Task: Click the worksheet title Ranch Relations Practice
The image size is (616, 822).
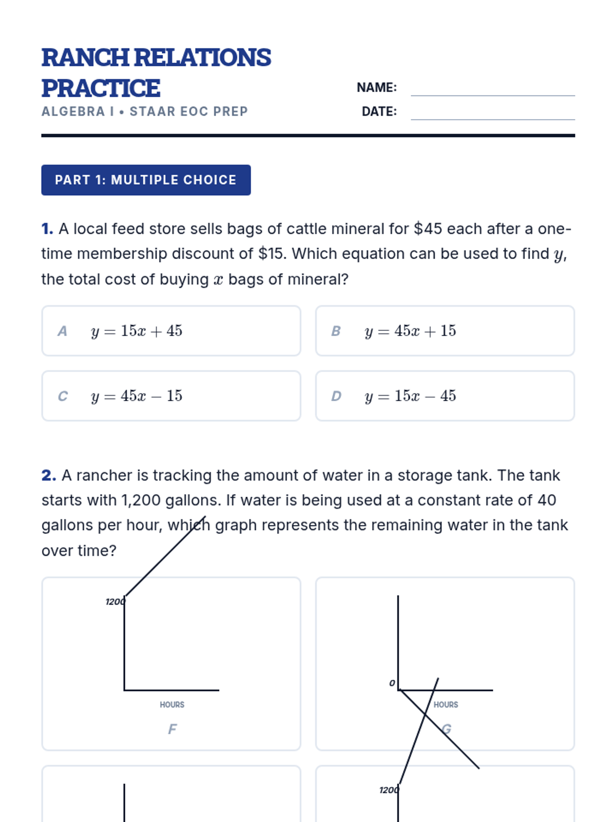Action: (x=156, y=72)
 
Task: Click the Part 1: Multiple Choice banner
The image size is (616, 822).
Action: (x=146, y=180)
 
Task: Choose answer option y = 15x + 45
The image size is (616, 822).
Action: (x=171, y=331)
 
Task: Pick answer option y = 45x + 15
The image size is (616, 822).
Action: (x=445, y=331)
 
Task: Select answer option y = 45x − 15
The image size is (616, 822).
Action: (x=171, y=396)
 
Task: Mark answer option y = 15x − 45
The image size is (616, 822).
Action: (x=445, y=396)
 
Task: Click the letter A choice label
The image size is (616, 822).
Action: (x=62, y=331)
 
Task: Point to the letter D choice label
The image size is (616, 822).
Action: (x=336, y=396)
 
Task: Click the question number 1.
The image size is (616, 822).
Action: (x=47, y=229)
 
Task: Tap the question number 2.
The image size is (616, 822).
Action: (x=48, y=475)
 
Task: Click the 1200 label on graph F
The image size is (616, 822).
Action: (x=114, y=602)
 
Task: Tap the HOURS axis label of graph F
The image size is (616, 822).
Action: (x=172, y=705)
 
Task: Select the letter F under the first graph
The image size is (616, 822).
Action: (x=172, y=729)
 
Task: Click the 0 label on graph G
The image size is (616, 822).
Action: (x=392, y=683)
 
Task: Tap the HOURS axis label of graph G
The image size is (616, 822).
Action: (x=446, y=705)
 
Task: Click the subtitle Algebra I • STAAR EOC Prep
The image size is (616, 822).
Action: (x=145, y=111)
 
